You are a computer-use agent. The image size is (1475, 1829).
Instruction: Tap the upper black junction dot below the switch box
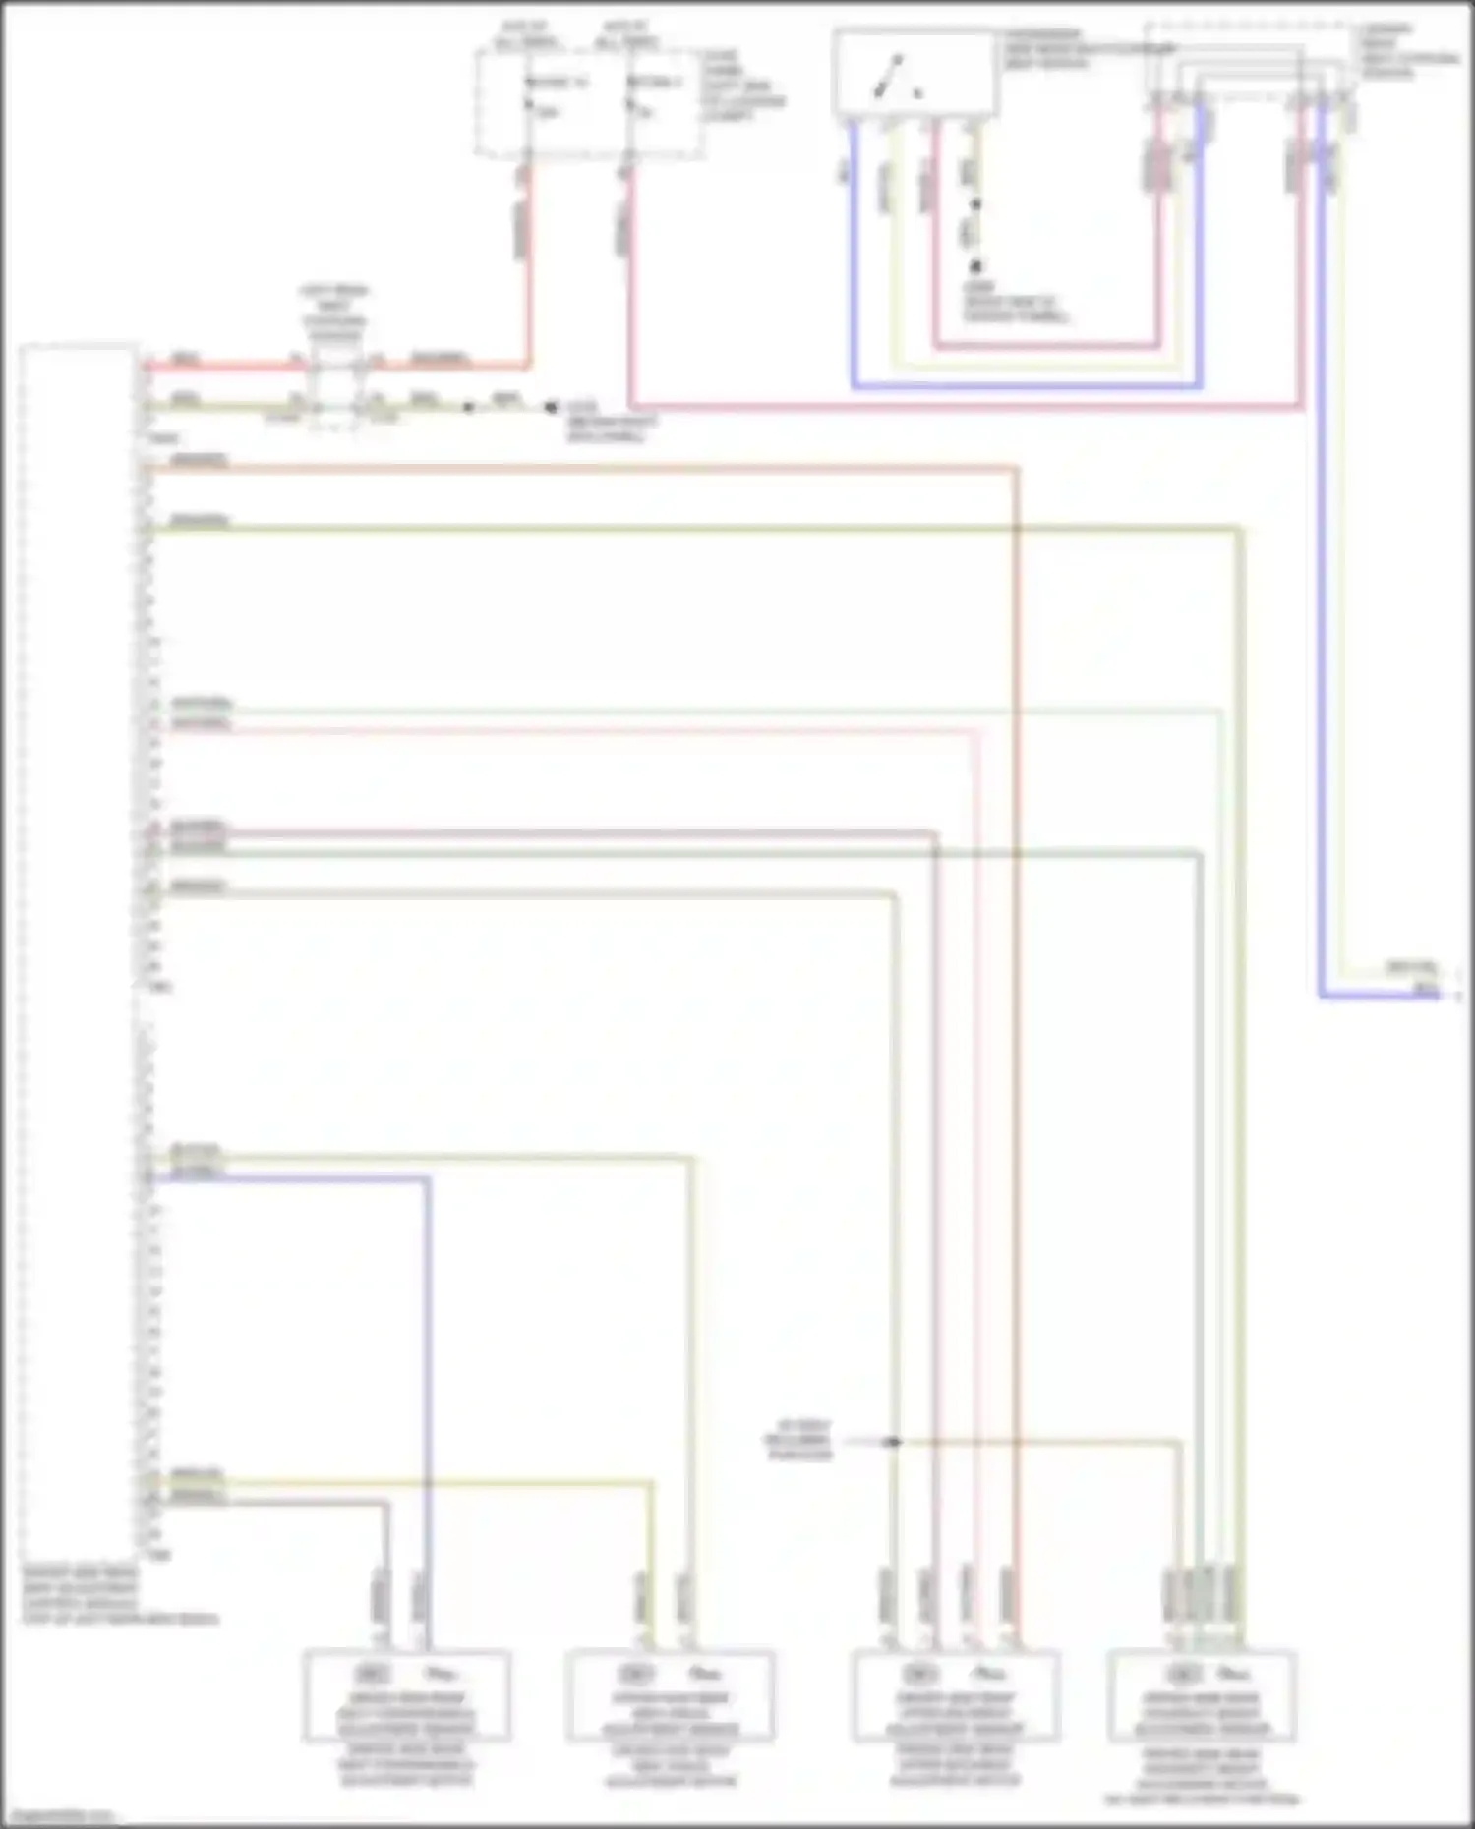click(x=976, y=204)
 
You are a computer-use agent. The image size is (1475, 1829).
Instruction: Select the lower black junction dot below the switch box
click(x=976, y=266)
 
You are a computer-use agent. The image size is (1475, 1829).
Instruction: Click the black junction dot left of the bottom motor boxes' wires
click(x=893, y=1442)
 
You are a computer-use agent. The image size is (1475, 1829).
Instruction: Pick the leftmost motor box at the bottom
click(x=406, y=1696)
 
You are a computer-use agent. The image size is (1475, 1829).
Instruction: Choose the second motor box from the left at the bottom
click(x=670, y=1696)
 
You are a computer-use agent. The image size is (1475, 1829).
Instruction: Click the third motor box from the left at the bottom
click(x=955, y=1696)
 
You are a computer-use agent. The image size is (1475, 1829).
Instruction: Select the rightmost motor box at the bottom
click(x=1201, y=1696)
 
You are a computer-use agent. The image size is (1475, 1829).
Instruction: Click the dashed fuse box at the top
click(x=589, y=103)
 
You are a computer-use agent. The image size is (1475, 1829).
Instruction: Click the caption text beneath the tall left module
click(x=118, y=1602)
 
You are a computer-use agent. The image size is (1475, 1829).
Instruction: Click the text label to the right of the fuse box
click(x=743, y=86)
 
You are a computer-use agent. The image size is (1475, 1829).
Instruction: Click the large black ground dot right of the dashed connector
click(x=551, y=406)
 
